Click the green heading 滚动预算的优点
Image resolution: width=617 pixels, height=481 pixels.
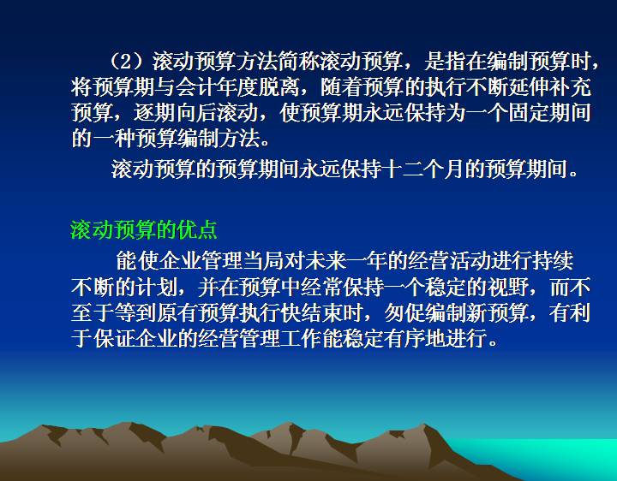point(144,229)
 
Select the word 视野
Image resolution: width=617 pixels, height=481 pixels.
point(507,287)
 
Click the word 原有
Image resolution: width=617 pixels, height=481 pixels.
point(176,312)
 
